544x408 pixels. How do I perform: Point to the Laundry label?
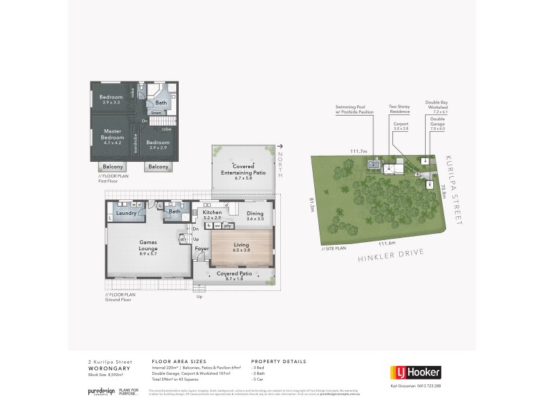126,213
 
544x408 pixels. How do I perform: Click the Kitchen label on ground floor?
213,213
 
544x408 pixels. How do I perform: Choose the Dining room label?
255,213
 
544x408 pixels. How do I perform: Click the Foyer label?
202,248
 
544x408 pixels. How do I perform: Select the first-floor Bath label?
161,103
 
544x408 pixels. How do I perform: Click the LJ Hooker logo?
415,372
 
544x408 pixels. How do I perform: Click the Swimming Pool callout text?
350,109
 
